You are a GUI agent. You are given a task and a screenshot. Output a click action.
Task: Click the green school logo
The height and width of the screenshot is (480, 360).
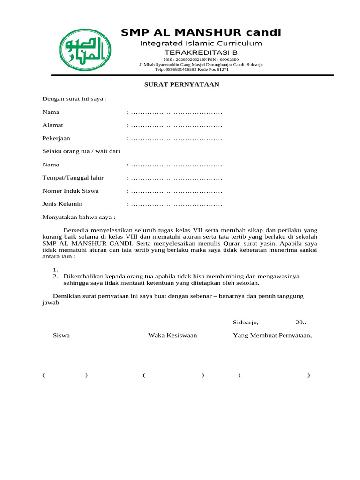(85, 50)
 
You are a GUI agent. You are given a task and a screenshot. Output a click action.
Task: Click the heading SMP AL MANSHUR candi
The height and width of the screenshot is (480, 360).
(201, 32)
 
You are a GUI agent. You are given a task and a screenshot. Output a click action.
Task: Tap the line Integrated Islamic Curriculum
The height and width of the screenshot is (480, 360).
(201, 44)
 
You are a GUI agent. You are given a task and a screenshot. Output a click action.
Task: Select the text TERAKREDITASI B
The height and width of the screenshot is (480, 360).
(201, 52)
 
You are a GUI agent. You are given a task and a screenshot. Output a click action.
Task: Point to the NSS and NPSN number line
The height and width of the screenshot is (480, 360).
(201, 60)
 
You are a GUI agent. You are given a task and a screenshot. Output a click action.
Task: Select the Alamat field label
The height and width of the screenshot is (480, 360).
(53, 125)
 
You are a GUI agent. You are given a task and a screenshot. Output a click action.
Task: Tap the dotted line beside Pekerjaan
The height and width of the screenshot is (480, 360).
(176, 138)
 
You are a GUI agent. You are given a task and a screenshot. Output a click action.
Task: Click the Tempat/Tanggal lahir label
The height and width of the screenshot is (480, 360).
(73, 178)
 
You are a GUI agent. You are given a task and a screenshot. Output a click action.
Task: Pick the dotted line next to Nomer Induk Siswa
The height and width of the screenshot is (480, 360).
(176, 191)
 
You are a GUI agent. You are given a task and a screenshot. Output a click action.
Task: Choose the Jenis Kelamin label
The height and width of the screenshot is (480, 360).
(62, 204)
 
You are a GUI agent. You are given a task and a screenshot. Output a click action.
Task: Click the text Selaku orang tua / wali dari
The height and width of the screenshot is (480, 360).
(82, 151)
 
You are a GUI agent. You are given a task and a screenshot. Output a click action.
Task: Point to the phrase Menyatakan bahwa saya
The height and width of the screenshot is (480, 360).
(79, 217)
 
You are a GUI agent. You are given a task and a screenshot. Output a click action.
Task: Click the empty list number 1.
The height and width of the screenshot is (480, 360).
(55, 270)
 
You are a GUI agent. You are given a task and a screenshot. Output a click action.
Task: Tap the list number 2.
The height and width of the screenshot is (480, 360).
(55, 276)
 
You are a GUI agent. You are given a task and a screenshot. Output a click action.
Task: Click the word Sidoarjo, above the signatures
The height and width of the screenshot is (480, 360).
(246, 322)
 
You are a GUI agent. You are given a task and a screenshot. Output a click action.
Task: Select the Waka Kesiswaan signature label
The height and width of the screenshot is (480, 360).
(172, 335)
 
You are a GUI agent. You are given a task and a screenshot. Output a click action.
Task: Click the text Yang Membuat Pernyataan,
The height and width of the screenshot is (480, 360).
(272, 335)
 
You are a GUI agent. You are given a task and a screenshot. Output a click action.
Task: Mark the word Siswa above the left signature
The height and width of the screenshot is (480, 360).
(61, 335)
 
